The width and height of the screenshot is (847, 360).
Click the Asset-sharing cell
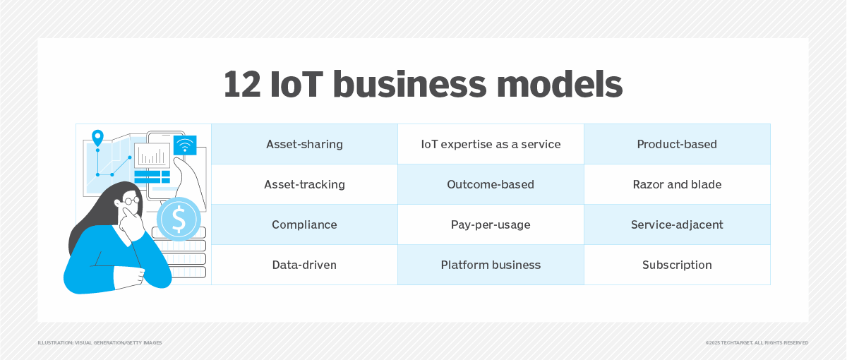pyautogui.click(x=304, y=144)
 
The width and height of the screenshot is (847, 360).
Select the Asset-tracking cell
pyautogui.click(x=304, y=184)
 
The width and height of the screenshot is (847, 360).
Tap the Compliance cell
pyautogui.click(x=304, y=224)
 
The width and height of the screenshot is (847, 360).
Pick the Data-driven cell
pyautogui.click(x=304, y=265)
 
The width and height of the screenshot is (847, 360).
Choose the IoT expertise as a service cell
pyautogui.click(x=491, y=144)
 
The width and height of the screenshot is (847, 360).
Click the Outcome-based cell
pyautogui.click(x=491, y=184)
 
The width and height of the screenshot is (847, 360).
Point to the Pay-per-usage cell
pyautogui.click(x=491, y=224)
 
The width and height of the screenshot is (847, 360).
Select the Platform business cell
pyautogui.click(x=491, y=265)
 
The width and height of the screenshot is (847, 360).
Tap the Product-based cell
pyautogui.click(x=677, y=144)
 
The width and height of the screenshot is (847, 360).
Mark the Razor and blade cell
pyautogui.click(x=677, y=184)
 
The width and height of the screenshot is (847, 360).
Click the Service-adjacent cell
pyautogui.click(x=677, y=224)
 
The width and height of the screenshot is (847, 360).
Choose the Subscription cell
pyautogui.click(x=677, y=265)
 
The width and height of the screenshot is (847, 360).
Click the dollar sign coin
pyautogui.click(x=179, y=219)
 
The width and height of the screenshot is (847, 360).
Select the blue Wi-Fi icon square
pyautogui.click(x=185, y=145)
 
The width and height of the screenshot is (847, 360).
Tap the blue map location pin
pyautogui.click(x=97, y=138)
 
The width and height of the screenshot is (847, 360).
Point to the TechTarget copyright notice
pyautogui.click(x=757, y=342)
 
